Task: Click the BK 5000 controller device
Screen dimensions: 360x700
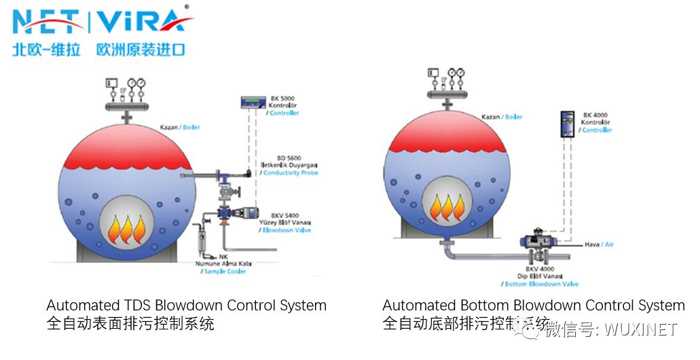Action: (255, 102)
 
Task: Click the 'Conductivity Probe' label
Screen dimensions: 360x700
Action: (291, 173)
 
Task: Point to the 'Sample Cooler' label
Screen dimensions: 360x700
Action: (225, 272)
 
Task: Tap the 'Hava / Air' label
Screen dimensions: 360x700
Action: (599, 245)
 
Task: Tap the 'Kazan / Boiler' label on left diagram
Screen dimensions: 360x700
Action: (180, 127)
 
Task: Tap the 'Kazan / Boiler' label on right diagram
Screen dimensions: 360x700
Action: (502, 117)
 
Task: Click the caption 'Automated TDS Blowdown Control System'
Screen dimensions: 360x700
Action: (186, 306)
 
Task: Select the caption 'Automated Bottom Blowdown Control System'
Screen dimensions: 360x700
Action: (533, 306)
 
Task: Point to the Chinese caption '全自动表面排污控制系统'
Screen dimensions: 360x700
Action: (130, 324)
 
